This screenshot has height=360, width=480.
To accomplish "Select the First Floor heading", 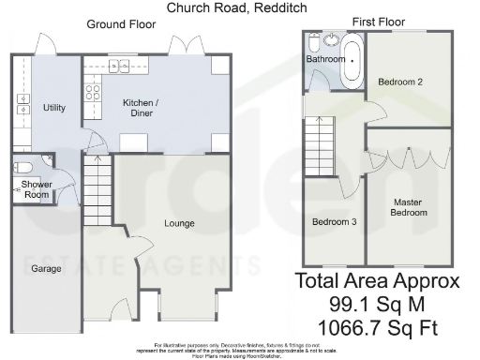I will [379, 22].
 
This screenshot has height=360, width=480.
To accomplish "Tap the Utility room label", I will [54, 108].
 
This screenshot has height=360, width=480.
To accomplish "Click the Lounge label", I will [179, 223].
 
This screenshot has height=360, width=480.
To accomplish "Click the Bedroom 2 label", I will [400, 82].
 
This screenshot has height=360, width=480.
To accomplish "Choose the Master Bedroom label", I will [410, 207].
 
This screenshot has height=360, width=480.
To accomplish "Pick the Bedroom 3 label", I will [334, 221].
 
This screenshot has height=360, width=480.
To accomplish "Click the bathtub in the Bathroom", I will [352, 62].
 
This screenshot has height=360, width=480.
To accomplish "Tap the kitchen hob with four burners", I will [94, 92].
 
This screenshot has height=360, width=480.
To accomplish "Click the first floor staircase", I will [319, 145].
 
